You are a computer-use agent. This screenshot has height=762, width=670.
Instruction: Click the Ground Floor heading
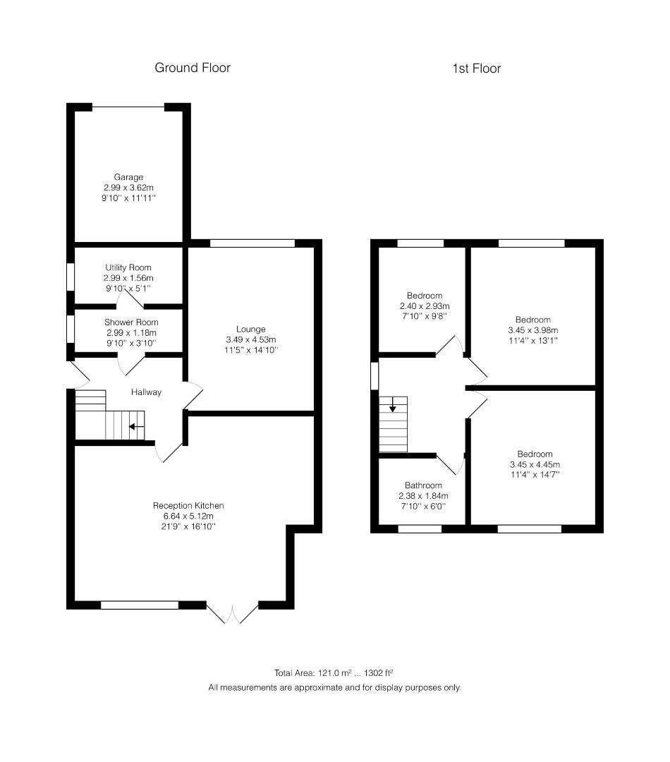(x=193, y=68)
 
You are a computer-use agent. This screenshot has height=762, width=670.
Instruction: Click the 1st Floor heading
(x=476, y=68)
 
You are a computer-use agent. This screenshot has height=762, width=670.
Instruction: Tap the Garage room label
(x=128, y=177)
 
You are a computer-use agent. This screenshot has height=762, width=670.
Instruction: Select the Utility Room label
(x=128, y=267)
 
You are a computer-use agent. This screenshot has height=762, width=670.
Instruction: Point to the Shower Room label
(x=131, y=322)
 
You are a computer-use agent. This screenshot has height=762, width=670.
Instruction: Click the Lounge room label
(x=250, y=329)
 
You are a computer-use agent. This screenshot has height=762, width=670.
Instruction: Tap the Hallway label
(x=146, y=392)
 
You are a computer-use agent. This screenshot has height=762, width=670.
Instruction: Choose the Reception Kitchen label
(x=188, y=505)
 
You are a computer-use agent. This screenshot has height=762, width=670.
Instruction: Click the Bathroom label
(x=423, y=485)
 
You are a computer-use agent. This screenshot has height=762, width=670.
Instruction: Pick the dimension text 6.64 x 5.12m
(x=188, y=516)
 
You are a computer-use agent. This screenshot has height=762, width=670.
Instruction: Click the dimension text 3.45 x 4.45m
(x=535, y=464)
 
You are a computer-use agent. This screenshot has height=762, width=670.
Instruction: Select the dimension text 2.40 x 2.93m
(x=425, y=306)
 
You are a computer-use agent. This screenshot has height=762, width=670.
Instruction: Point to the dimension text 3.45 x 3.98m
(x=533, y=330)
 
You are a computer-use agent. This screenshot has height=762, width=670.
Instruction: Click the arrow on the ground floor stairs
(x=136, y=427)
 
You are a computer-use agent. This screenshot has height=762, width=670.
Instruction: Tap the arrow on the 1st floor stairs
(x=392, y=404)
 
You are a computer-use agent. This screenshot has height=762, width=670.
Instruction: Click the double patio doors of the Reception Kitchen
(x=233, y=614)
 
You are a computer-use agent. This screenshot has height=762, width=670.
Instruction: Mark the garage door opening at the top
(x=128, y=107)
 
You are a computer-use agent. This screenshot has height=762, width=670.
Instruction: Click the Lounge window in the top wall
(x=252, y=243)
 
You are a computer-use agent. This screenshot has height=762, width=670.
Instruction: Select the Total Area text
(x=334, y=673)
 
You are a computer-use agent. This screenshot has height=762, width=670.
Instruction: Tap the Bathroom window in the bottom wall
(x=420, y=528)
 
